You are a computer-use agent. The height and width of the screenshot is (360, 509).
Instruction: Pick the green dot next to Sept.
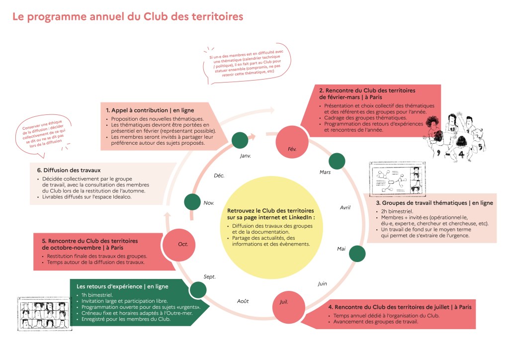pyautogui.click(x=198, y=289)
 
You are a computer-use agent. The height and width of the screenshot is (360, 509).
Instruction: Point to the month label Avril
pyautogui.click(x=345, y=207)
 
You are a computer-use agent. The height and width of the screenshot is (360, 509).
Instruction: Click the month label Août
pyautogui.click(x=243, y=301)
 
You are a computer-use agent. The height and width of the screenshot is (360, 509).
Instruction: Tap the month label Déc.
pyautogui.click(x=219, y=176)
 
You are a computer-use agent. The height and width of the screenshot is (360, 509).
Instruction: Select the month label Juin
pyautogui.click(x=323, y=283)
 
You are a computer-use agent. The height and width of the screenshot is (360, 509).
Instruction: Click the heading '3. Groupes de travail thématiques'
pyautogui.click(x=434, y=203)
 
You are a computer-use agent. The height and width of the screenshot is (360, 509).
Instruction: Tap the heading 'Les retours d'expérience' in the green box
pyautogui.click(x=122, y=286)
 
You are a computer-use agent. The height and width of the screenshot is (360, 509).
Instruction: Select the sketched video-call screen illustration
pyautogui.click(x=396, y=180)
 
